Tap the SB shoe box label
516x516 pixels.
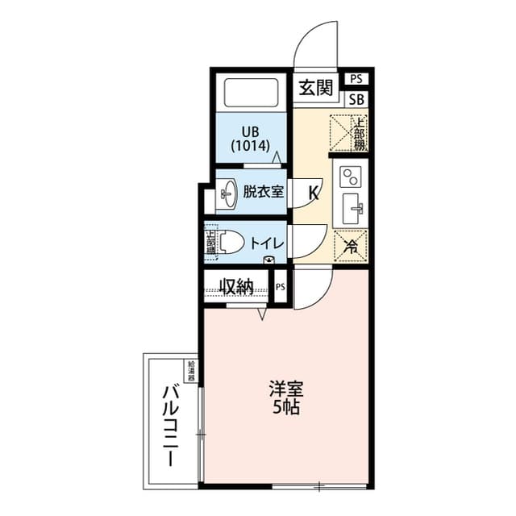click(x=356, y=100)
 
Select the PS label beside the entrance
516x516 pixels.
click(x=356, y=78)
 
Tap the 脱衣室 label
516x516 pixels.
click(x=263, y=192)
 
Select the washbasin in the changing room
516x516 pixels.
click(x=227, y=193)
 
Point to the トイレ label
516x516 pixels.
click(x=265, y=243)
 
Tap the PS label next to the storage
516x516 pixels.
click(x=281, y=287)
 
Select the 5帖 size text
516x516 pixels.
click(x=286, y=407)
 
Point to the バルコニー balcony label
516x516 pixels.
click(x=170, y=426)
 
